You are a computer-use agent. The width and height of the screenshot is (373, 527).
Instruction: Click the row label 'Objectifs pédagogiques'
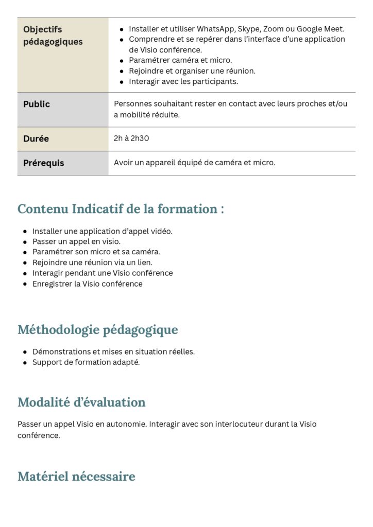pos(53,36)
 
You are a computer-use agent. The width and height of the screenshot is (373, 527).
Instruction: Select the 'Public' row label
pos(37,104)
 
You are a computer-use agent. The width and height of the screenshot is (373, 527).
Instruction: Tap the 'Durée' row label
pos(36,138)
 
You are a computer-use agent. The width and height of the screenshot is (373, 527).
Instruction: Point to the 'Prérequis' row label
pos(44,163)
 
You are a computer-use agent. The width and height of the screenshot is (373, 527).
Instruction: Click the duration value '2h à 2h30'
pos(131,138)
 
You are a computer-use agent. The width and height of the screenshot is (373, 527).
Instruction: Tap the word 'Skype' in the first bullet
pos(248,29)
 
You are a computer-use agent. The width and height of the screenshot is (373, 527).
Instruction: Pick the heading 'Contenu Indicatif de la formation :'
pos(121,209)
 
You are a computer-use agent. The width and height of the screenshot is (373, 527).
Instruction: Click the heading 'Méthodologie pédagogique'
pos(97,329)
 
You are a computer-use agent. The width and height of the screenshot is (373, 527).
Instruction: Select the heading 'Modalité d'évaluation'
pos(81,402)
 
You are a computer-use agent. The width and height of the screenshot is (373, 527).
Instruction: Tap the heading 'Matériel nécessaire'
pos(76,476)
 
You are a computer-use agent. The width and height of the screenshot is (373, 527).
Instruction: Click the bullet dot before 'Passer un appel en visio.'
pos(25,241)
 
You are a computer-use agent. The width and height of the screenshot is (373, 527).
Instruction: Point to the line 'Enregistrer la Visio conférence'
pos(87,284)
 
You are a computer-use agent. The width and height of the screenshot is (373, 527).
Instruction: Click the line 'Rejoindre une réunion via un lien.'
pos(92,262)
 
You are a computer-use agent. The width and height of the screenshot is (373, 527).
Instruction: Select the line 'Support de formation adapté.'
pos(86,362)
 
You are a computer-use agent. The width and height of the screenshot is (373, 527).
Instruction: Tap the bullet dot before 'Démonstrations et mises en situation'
pos(25,352)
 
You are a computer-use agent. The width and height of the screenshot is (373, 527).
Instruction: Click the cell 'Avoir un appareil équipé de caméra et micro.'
pos(194,163)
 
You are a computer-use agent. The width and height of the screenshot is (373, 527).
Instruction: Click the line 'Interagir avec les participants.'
pos(183,81)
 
